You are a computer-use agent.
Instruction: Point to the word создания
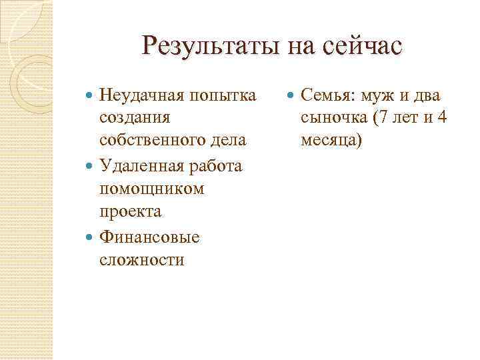point(134,119)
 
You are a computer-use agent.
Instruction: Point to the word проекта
point(130,212)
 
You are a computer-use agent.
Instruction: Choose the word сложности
point(141,259)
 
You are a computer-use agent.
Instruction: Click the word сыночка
point(335,119)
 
